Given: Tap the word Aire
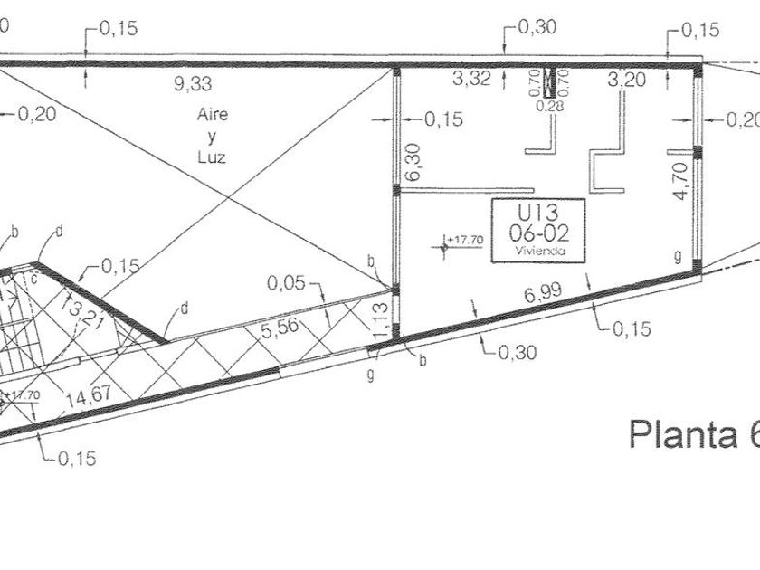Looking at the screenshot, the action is coord(213,116).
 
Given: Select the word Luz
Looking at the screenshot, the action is coord(211,156).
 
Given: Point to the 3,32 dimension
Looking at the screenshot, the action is coord(470,80).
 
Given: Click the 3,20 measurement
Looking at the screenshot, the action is coord(627,80).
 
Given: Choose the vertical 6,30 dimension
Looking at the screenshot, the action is coord(413,163).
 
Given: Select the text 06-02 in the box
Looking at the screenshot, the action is coord(537,233).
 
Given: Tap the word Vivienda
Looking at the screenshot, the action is coord(537,251).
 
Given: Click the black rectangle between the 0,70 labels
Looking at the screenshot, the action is coord(547,82).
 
